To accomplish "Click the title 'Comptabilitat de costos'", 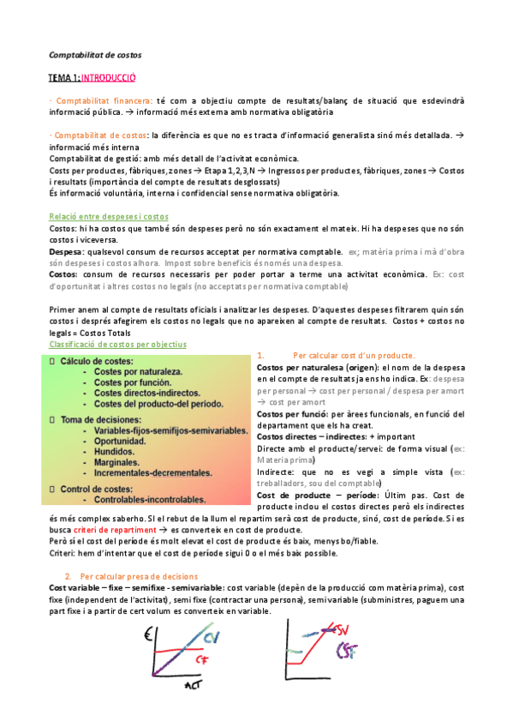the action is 95,56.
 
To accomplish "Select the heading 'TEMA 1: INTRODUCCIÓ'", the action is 92,78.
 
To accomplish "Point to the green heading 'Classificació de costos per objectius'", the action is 118,344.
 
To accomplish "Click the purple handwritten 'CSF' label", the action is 348,652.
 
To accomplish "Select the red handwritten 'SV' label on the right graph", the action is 345,630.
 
